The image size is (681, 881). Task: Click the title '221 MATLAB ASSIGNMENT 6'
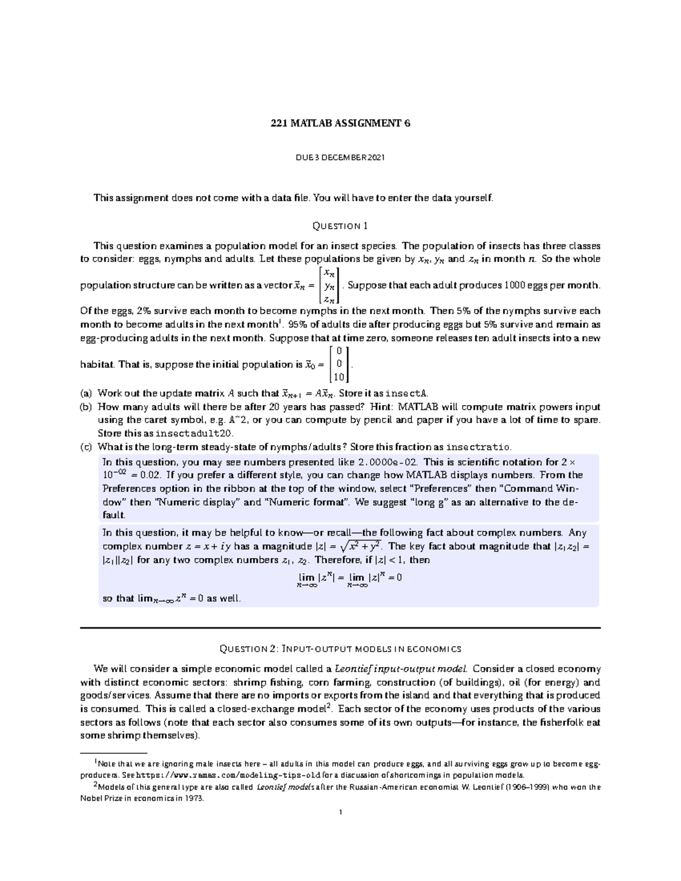(340, 123)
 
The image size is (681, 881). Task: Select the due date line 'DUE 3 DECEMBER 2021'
(340, 157)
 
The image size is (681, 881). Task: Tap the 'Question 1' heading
(340, 226)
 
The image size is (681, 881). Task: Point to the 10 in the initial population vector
(339, 377)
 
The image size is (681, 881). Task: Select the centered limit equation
(350, 579)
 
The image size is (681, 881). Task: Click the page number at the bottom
(340, 812)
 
